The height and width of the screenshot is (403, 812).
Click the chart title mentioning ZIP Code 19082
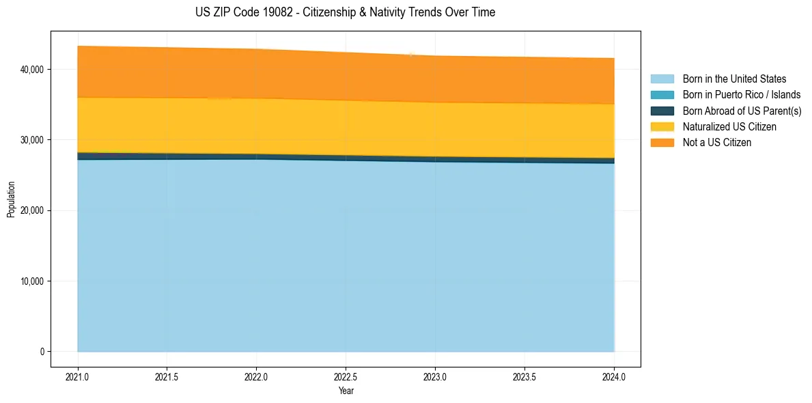pyautogui.click(x=345, y=12)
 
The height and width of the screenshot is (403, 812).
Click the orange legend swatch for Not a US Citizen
pyautogui.click(x=662, y=142)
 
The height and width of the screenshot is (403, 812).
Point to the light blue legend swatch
pyautogui.click(x=662, y=79)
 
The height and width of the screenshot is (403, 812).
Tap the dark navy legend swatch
pyautogui.click(x=662, y=111)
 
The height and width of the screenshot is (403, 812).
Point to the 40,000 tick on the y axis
pyautogui.click(x=32, y=70)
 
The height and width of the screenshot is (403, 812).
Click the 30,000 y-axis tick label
pyautogui.click(x=32, y=140)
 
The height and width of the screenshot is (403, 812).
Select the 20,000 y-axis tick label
pyautogui.click(x=32, y=210)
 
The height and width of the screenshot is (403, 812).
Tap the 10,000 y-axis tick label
pyautogui.click(x=32, y=281)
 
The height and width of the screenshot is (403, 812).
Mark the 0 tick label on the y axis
pyautogui.click(x=41, y=352)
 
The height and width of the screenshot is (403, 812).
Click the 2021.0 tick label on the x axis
pyautogui.click(x=78, y=376)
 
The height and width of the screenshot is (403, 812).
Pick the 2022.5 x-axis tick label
pyautogui.click(x=346, y=376)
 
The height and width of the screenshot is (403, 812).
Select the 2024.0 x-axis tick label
pyautogui.click(x=614, y=376)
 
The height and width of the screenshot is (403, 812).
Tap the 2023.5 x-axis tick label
pyautogui.click(x=524, y=376)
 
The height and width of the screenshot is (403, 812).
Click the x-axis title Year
pyautogui.click(x=346, y=391)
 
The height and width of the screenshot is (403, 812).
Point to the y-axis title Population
pyautogui.click(x=11, y=199)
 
